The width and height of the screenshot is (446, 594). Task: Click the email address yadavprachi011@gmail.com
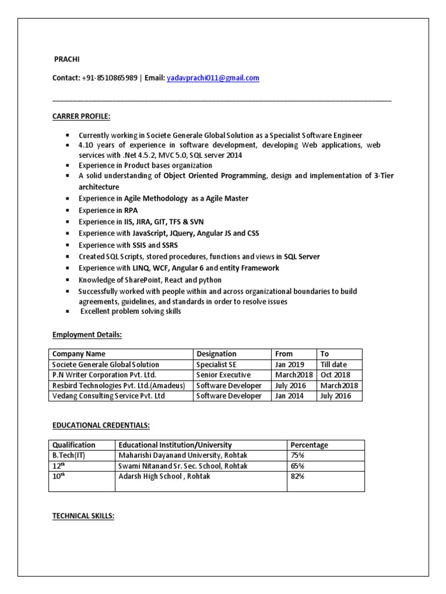(x=213, y=78)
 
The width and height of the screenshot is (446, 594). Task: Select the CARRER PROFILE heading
(x=81, y=117)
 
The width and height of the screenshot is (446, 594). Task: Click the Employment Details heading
(x=87, y=335)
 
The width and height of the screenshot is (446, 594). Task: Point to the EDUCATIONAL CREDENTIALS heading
(x=101, y=425)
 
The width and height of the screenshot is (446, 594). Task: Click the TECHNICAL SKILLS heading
(x=84, y=516)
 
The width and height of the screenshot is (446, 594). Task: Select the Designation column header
(x=217, y=354)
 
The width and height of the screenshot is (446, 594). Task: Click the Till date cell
(x=333, y=364)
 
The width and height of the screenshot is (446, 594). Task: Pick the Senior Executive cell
(x=221, y=375)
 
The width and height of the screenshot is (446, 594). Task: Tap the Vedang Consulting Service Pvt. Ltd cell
(x=109, y=396)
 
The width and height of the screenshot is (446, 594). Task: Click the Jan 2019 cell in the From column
(x=289, y=364)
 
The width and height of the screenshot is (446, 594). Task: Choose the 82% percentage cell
(x=298, y=476)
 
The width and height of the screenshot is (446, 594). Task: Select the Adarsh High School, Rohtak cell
(x=164, y=476)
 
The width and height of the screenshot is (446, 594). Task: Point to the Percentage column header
(x=310, y=445)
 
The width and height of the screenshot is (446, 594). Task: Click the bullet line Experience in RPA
(x=109, y=210)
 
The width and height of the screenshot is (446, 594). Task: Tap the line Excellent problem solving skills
(x=131, y=312)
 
